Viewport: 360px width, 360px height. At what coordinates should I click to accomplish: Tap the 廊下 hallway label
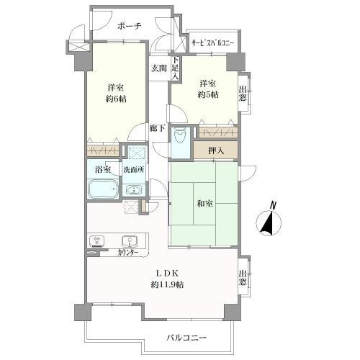(x=158, y=129)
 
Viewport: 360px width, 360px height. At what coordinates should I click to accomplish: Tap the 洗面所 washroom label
(x=133, y=170)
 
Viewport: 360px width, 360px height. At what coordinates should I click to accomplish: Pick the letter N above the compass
(x=273, y=204)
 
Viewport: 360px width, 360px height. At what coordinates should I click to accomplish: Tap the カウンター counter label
(x=129, y=253)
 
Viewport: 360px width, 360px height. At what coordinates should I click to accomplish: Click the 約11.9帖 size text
(x=167, y=285)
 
